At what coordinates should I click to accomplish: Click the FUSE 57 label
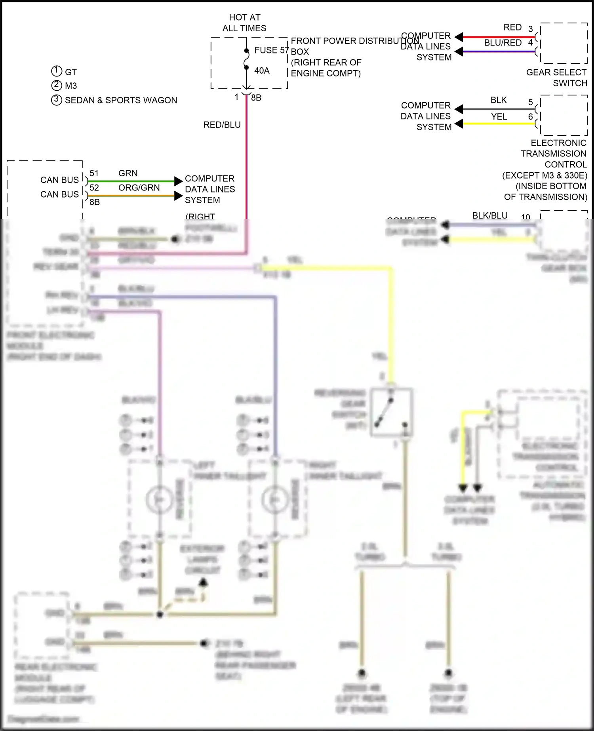pos(271,50)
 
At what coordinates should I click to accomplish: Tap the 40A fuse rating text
pos(262,70)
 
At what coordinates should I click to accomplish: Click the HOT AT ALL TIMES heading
pos(244,23)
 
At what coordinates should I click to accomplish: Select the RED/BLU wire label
pos(222,125)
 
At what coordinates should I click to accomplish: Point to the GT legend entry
pos(70,72)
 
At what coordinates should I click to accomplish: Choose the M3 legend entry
pos(70,86)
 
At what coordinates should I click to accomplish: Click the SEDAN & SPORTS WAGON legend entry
pos(121,100)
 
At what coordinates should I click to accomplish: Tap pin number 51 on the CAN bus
pos(94,173)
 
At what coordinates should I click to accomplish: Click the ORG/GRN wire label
pos(139,188)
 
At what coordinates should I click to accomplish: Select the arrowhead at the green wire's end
pos(178,181)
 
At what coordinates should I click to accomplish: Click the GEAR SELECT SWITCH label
pos(556,78)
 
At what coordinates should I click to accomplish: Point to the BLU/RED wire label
pos(503,43)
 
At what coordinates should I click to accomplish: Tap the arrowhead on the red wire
pos(459,37)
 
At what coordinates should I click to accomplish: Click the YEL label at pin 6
pos(499,117)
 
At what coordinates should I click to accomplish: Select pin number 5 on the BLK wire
pos(530,102)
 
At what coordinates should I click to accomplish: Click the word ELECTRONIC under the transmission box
pos(558,143)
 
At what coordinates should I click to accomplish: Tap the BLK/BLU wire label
pos(490,215)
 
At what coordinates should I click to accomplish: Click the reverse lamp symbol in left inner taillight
pos(159,500)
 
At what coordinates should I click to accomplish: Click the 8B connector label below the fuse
pos(256,98)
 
